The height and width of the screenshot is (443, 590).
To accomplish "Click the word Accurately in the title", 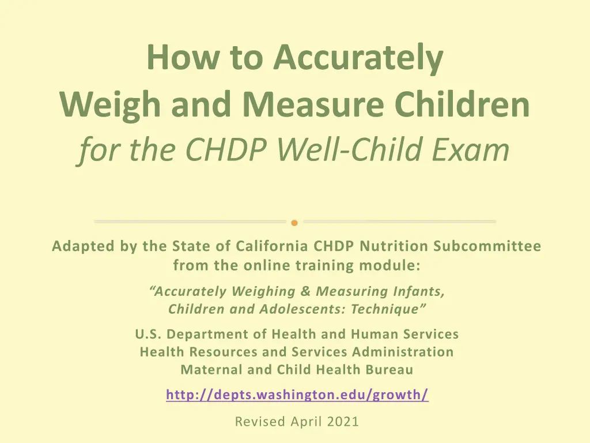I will click(x=358, y=58).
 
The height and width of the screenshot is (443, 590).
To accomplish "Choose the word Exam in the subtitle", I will click(x=476, y=150).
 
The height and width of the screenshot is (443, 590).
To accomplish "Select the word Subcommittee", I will click(x=487, y=246).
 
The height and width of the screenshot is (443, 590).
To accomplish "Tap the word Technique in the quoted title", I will click(x=393, y=309).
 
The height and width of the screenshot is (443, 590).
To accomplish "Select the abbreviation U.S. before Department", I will click(x=147, y=334).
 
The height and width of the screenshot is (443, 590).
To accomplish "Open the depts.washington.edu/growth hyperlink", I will click(x=297, y=395).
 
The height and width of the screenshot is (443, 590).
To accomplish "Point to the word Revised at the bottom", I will click(x=259, y=422).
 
